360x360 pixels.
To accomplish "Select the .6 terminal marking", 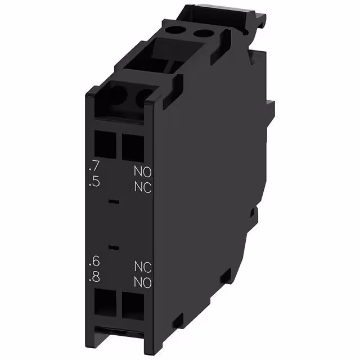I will click(x=95, y=262).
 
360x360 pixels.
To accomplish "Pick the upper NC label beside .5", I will click(x=143, y=187).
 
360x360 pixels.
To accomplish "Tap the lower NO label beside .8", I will click(x=143, y=281).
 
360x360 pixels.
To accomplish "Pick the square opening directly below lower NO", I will click(x=133, y=305).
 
